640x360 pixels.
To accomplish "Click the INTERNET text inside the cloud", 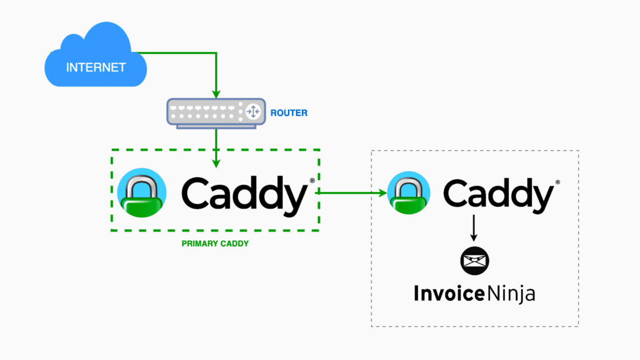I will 95,67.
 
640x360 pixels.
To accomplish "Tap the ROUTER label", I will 289,113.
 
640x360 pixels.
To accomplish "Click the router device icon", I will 215,111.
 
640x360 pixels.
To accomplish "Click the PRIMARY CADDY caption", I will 215,244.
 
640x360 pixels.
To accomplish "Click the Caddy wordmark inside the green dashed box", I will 243,195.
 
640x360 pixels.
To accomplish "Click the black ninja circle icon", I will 475,261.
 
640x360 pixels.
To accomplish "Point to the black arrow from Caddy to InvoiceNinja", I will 474,228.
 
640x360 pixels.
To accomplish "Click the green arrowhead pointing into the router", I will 215,93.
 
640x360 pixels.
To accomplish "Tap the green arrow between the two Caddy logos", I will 353,193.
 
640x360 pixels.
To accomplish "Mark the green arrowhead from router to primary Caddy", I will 215,161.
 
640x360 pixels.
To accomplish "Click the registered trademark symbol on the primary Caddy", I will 312,181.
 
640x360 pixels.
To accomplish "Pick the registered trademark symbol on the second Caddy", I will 557,181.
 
